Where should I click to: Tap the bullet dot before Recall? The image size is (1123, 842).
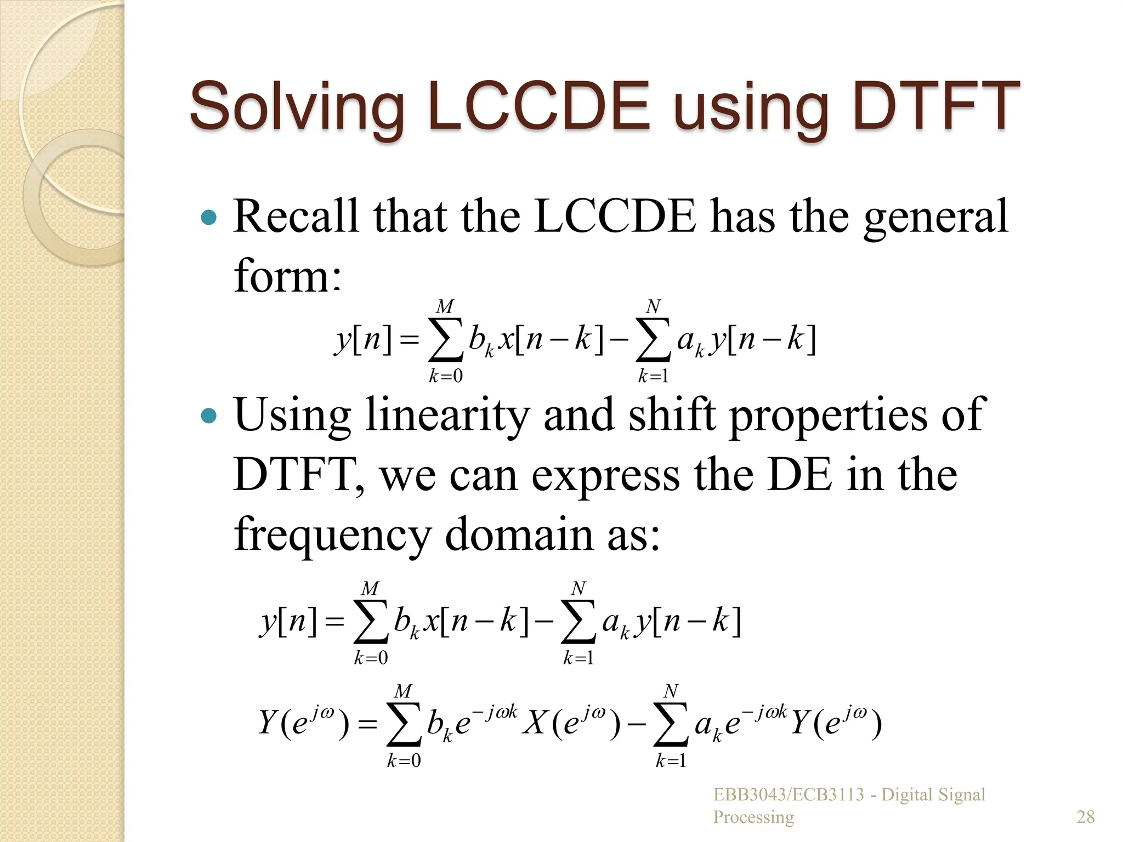(x=209, y=218)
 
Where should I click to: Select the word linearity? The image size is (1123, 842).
(x=447, y=415)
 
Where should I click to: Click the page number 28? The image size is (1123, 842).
(x=1086, y=817)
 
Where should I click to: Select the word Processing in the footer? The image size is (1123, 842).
(x=753, y=817)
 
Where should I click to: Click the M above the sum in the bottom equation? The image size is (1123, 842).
(x=403, y=691)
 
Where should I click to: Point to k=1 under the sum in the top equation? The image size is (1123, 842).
(x=653, y=376)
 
